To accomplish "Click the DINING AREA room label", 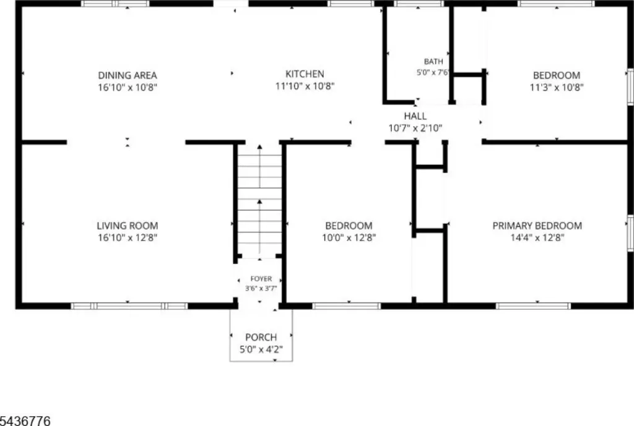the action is pyautogui.click(x=128, y=75).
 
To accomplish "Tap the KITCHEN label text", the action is pyautogui.click(x=305, y=74).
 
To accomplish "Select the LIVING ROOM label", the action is pyautogui.click(x=128, y=226).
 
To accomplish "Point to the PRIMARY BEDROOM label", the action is pyautogui.click(x=537, y=226).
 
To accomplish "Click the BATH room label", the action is pyautogui.click(x=433, y=61).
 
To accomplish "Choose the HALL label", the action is pyautogui.click(x=415, y=116).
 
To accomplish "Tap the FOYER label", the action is pyautogui.click(x=261, y=279).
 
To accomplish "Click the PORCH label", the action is pyautogui.click(x=261, y=337).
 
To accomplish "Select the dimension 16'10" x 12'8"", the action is pyautogui.click(x=128, y=237).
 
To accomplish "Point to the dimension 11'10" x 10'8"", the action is pyautogui.click(x=305, y=86).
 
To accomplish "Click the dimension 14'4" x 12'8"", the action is pyautogui.click(x=537, y=237).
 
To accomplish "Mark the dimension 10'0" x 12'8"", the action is pyautogui.click(x=349, y=237).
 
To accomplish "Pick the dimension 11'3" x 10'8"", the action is pyautogui.click(x=557, y=87).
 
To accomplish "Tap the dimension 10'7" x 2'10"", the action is pyautogui.click(x=415, y=129).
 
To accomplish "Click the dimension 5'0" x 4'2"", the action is pyautogui.click(x=261, y=349).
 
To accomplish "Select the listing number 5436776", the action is pyautogui.click(x=25, y=421).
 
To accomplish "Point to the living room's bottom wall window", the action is pyautogui.click(x=129, y=306).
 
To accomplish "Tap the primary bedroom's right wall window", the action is pyautogui.click(x=630, y=233).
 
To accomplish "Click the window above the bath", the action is pyautogui.click(x=419, y=4).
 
